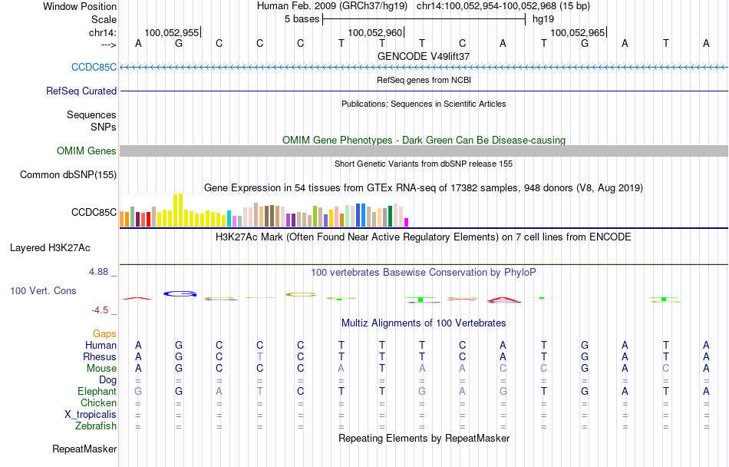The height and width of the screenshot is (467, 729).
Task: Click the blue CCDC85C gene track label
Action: point(94,67)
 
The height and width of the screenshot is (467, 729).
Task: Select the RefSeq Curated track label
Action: point(81,91)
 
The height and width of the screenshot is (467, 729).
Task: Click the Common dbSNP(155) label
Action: point(68,175)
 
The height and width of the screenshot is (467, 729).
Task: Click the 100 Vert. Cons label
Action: point(43,291)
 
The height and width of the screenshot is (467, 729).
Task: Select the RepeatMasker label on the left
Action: point(84,449)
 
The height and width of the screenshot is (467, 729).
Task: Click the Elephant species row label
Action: point(97,392)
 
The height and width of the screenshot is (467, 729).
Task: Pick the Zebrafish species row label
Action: point(96,426)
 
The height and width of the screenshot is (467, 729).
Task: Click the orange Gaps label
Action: point(105,334)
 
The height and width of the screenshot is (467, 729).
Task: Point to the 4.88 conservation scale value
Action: point(102,272)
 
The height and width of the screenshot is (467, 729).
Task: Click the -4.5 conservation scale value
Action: point(104,310)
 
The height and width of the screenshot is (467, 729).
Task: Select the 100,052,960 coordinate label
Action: point(374,33)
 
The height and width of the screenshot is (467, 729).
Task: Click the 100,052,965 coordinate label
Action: point(577,33)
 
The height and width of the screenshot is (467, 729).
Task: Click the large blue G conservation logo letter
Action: point(180,293)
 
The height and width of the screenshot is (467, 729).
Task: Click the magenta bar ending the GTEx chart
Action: point(407,223)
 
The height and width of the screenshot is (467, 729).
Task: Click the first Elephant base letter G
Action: point(138,392)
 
